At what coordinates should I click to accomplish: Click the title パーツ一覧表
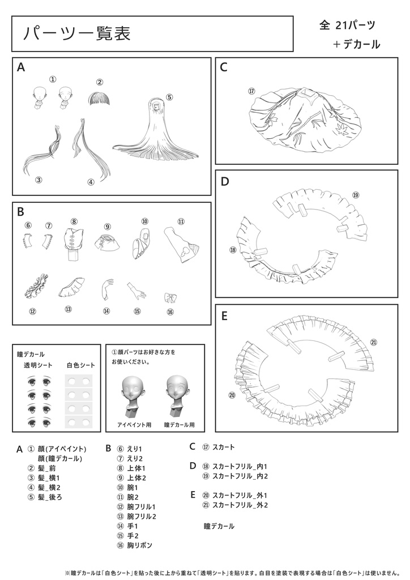pyautogui.click(x=77, y=33)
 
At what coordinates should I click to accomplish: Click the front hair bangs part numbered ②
pyautogui.click(x=99, y=100)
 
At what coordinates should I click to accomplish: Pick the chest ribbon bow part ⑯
pyautogui.click(x=170, y=297)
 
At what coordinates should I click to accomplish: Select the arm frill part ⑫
pyautogui.click(x=37, y=287)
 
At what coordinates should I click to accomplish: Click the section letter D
pyautogui.click(x=224, y=181)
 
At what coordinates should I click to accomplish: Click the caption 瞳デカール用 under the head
pyautogui.click(x=180, y=424)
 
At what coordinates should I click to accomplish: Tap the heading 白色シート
pyautogui.click(x=81, y=365)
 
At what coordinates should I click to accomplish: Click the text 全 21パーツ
pyautogui.click(x=347, y=25)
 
